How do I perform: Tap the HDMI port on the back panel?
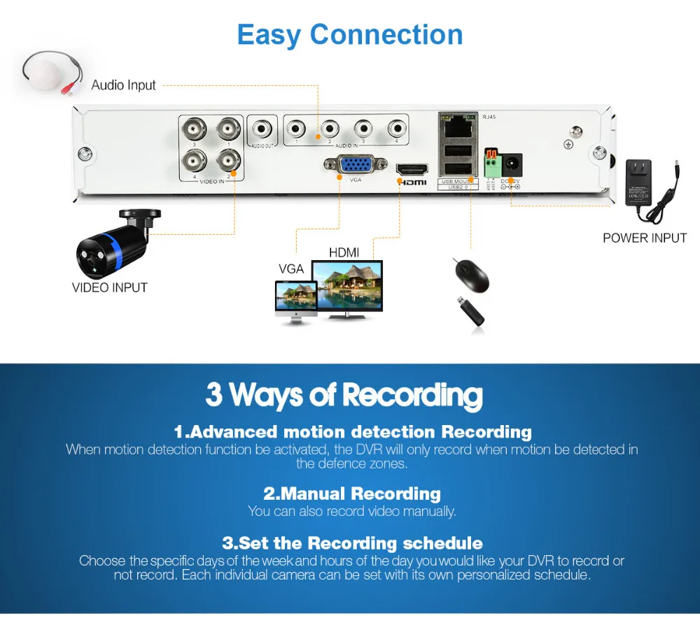412,169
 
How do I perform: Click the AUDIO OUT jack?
263,129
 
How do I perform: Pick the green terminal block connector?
490,166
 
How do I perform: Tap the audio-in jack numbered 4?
396,129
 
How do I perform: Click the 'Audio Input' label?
124,85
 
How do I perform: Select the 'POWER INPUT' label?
645,238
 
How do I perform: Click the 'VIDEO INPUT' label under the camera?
110,287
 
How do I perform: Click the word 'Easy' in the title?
269,34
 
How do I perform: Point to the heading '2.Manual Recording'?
351,494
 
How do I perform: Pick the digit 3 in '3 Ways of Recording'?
213,395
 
